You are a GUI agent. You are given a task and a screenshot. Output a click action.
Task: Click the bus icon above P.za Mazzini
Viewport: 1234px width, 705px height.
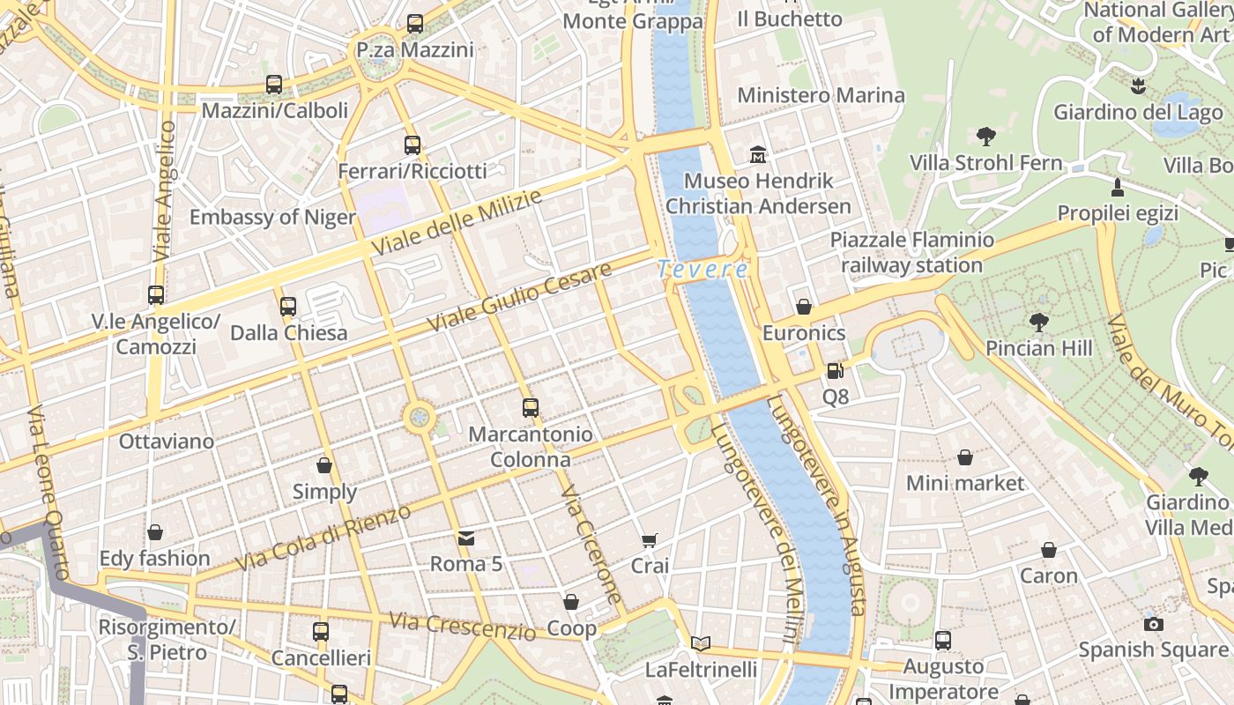coord(415,24)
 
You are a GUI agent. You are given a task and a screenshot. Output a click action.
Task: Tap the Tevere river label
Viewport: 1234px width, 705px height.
coord(703,269)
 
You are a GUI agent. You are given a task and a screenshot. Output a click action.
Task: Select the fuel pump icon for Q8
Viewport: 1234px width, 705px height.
coord(835,371)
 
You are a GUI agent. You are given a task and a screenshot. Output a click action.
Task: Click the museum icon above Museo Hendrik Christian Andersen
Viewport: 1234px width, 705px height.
coord(757,155)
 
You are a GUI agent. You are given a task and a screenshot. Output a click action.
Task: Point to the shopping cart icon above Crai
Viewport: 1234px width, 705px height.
coord(650,540)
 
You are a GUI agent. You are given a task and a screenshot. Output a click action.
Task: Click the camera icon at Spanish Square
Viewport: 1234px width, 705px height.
coord(1153,624)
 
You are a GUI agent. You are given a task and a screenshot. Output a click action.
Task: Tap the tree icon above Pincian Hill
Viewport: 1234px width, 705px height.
coord(1038,322)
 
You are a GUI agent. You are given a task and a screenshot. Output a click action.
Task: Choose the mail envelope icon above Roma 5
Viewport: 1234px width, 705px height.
coord(465,538)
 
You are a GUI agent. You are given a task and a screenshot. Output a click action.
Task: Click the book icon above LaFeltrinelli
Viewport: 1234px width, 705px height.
coord(700,643)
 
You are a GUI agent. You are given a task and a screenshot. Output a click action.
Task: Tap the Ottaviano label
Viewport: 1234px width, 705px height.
coord(166,441)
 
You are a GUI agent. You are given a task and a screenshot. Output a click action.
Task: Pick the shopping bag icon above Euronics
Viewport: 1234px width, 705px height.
coord(803,307)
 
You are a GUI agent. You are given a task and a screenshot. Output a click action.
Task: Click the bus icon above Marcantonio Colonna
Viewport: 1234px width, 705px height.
coord(530,407)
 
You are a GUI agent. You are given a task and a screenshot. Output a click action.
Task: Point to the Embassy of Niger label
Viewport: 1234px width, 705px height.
coord(272,217)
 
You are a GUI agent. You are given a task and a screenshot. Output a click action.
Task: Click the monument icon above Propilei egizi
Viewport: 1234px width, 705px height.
coord(1117,187)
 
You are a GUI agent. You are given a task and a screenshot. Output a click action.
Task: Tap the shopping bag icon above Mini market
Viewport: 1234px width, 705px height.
coord(964,457)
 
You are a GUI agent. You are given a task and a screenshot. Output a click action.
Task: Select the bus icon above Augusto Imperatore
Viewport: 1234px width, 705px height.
coord(942,640)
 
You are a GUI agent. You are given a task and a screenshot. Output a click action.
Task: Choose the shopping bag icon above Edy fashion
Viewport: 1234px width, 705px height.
coord(155,532)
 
